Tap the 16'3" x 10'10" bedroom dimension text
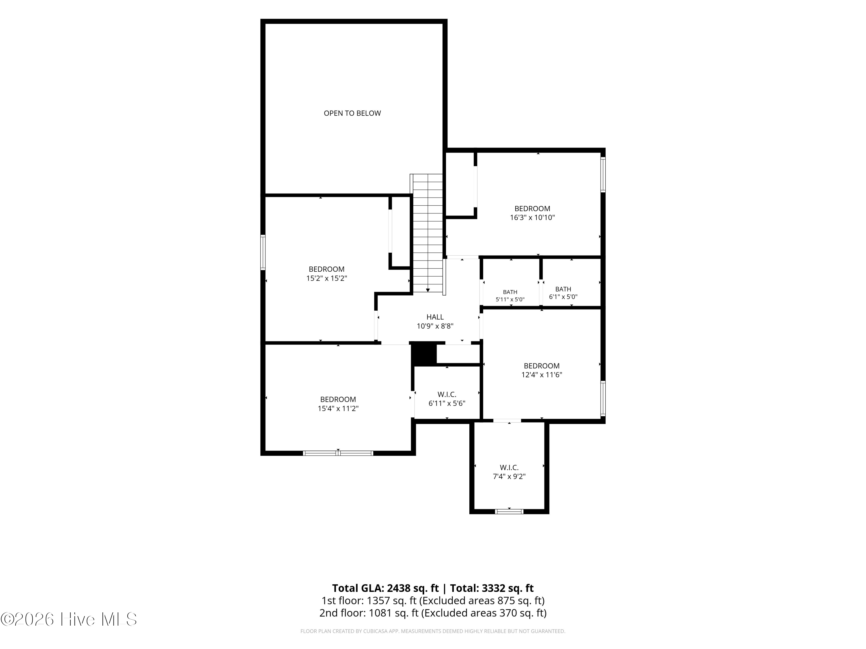point(532,217)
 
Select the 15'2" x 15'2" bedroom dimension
point(326,278)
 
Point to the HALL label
point(435,317)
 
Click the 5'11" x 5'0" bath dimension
point(510,300)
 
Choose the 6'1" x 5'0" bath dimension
point(563,297)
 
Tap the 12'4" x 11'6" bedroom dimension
point(542,374)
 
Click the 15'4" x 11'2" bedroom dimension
point(338,408)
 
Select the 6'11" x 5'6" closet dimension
point(447,403)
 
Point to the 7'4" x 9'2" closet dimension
point(509,477)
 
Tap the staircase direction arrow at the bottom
point(428,290)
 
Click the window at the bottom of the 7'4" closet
point(509,511)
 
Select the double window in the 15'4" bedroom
point(338,453)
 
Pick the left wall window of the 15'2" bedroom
point(263,252)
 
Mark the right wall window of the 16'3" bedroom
point(603,175)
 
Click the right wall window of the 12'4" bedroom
point(603,398)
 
